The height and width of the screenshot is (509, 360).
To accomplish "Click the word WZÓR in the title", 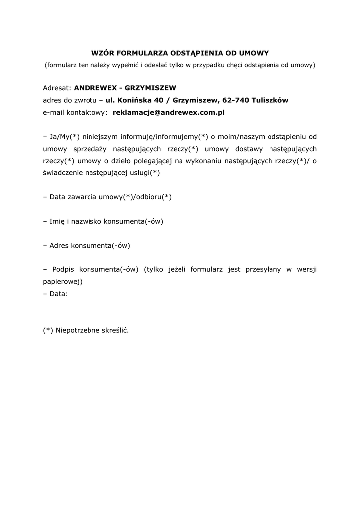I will tap(104, 53).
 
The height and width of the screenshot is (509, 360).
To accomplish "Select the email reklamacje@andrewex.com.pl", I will tap(169, 113).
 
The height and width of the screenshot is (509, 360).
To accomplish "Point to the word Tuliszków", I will tap(270, 100).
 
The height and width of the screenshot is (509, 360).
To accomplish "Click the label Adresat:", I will tap(57, 88).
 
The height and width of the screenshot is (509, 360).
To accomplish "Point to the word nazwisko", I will tap(86, 221).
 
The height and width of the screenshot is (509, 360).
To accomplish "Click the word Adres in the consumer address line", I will tap(59, 245).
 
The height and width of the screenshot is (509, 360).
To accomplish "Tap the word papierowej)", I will tap(62, 281).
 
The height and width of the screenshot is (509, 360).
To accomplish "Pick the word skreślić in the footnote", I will tap(114, 330).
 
